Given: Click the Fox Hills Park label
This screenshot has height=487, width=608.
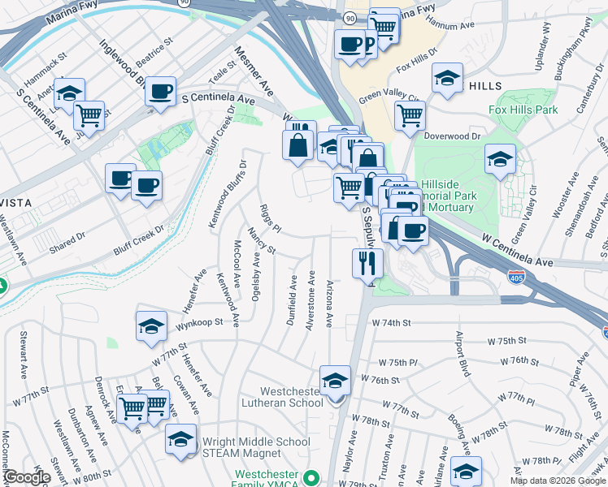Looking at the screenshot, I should (523, 109).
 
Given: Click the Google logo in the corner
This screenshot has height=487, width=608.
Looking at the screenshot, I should (27, 477).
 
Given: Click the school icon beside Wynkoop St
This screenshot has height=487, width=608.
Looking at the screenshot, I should (151, 326).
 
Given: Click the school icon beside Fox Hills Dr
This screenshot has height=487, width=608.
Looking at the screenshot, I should (446, 78).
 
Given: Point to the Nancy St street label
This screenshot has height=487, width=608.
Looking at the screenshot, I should (263, 240).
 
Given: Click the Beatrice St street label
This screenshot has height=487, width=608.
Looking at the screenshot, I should (155, 50).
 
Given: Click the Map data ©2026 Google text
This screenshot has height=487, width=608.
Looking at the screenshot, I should (556, 481).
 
